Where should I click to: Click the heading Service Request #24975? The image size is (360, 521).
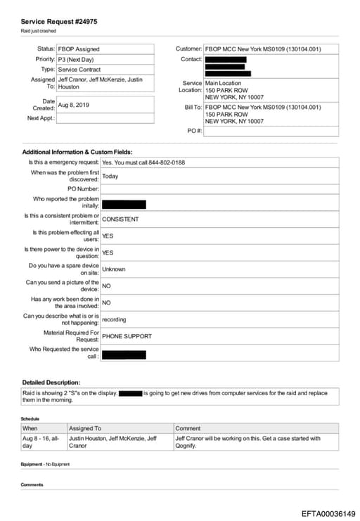[59, 22]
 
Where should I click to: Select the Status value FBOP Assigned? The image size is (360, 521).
[78, 49]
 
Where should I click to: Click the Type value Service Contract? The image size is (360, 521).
[79, 70]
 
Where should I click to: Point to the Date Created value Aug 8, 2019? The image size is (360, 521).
[74, 105]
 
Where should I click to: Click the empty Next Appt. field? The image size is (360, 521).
[105, 118]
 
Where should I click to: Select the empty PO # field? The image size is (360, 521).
[271, 131]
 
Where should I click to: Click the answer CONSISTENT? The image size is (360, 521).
[120, 219]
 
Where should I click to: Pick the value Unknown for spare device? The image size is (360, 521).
[114, 269]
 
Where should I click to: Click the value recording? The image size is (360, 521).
[114, 319]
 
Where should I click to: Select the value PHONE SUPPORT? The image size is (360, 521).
[127, 336]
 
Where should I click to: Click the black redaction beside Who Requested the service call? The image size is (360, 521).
[124, 354]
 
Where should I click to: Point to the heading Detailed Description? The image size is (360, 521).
[51, 382]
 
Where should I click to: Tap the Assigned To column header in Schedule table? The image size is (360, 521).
[84, 428]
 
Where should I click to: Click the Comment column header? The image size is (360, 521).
[188, 428]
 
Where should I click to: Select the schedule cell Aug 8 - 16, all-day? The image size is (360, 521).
[42, 442]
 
